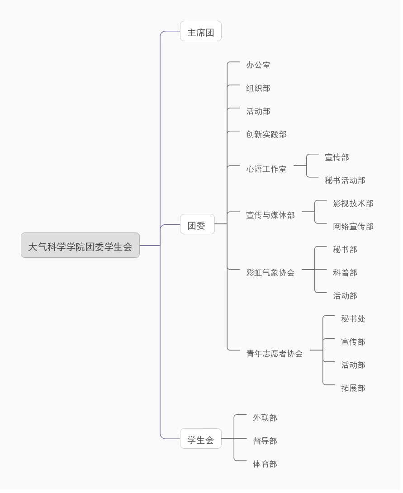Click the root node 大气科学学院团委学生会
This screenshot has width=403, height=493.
pos(80,246)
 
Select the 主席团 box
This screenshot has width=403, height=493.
pos(200,33)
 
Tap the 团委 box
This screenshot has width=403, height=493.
pos(197,225)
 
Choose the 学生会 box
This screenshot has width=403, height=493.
pos(200,440)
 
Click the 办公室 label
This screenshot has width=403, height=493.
pos(258,65)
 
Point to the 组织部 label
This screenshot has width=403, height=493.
pos(258,88)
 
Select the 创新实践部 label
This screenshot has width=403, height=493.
pos(266,134)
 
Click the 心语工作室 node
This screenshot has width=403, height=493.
pos(266,169)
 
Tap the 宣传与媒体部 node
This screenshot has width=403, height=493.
pos(270,215)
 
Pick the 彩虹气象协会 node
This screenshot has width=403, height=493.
pos(270,273)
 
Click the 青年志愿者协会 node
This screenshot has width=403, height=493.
pos(274,354)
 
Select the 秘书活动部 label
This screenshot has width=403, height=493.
pos(345,180)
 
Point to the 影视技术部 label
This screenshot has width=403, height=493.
pos(353,204)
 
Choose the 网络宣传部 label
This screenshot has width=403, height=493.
pos(353,227)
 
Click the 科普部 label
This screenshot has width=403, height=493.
pos(345,273)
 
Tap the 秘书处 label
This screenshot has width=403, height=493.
pos(353,319)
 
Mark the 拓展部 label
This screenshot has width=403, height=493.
pos(353,388)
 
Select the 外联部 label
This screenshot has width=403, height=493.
pos(265,418)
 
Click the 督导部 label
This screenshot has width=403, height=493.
pos(265,441)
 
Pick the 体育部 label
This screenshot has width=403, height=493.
pos(265,464)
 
